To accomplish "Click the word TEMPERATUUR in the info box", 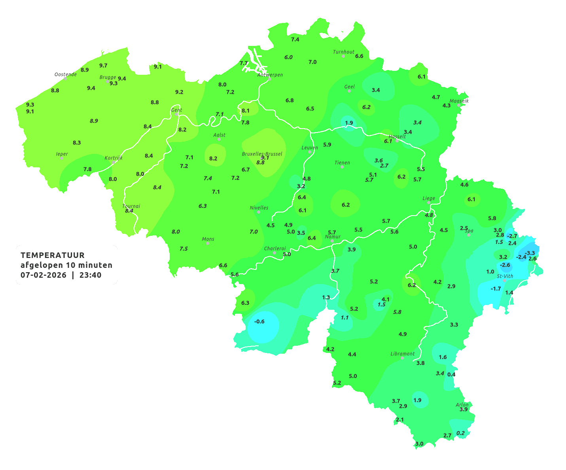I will click(53, 255).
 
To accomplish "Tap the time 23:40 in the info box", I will click(90, 275).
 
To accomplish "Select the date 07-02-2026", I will click(44, 275).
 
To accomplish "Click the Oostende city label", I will click(66, 74).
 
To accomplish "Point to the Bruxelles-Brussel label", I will click(262, 154).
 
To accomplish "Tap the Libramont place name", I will click(403, 354).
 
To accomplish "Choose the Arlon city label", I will click(462, 404).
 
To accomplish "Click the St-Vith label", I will click(505, 276).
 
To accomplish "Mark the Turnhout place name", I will click(344, 52).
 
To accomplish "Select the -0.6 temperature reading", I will click(259, 322).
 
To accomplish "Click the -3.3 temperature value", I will click(530, 253).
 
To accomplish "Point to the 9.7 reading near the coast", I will click(103, 66).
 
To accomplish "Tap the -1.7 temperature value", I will click(496, 289).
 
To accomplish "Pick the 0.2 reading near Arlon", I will click(460, 433).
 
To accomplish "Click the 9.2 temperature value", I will click(179, 92).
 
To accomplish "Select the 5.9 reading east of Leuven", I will click(327, 145).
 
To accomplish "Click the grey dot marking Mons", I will click(208, 243).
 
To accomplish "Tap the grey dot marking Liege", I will click(429, 203).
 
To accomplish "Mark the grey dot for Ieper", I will click(62, 158).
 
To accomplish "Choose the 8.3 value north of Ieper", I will click(77, 143).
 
